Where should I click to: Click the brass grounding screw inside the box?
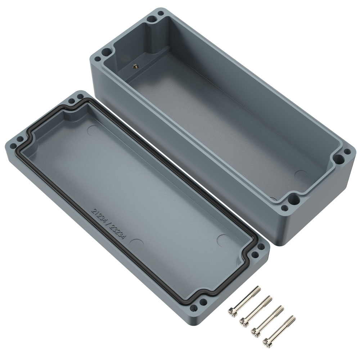[x=134, y=66]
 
